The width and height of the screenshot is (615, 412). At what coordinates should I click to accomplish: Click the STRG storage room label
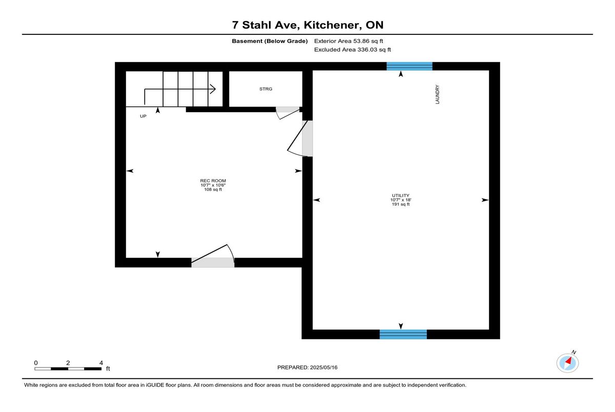266,89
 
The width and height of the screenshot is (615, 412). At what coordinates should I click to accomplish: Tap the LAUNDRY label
437,94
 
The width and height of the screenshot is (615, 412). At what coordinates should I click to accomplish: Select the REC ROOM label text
213,181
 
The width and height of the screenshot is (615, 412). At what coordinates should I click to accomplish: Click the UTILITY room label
401,196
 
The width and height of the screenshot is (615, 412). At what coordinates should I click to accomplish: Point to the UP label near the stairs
143,116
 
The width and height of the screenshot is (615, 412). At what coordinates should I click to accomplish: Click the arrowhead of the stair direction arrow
213,89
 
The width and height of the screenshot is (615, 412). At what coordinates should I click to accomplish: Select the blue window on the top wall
409,67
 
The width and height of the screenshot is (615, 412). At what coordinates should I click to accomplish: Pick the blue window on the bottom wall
403,334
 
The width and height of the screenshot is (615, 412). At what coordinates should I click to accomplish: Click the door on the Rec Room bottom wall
213,255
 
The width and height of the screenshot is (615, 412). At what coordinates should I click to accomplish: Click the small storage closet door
288,113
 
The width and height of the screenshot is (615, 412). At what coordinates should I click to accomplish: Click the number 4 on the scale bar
101,363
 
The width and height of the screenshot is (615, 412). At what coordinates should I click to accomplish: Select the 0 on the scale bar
36,363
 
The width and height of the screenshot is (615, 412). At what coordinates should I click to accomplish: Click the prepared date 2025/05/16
324,367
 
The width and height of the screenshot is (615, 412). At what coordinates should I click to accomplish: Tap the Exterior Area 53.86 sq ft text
348,41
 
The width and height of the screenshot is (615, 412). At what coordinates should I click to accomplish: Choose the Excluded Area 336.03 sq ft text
352,50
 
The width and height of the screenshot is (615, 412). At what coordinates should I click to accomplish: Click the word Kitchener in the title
332,25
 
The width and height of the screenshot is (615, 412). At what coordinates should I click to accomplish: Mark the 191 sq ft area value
401,204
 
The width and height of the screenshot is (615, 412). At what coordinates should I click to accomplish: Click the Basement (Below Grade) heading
270,41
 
